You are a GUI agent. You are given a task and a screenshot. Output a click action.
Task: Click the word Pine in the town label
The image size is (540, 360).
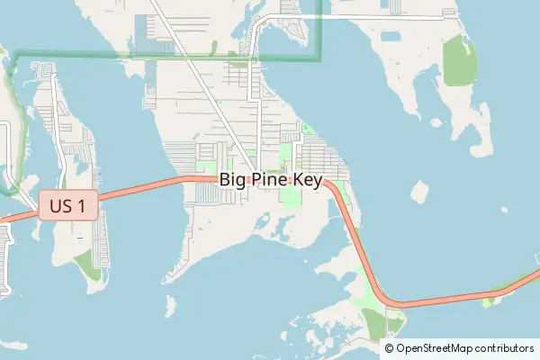pyautogui.click(x=271, y=180)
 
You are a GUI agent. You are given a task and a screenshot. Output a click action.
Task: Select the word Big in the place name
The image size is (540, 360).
pyautogui.click(x=232, y=180)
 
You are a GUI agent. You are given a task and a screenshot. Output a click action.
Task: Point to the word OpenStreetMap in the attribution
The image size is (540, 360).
pyautogui.click(x=436, y=347)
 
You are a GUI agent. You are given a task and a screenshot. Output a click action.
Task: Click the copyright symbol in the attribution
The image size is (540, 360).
pyautogui.click(x=390, y=347)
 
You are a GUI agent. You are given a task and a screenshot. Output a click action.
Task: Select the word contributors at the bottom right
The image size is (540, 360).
pyautogui.click(x=506, y=347)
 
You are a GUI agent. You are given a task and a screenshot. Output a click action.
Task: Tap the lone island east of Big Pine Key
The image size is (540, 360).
pyautogui.click(x=418, y=192)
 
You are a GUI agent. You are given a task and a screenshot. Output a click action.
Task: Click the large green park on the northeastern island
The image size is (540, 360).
pyautogui.click(x=458, y=64)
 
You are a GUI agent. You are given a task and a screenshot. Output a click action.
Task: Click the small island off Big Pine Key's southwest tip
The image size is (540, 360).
pyautogui.click(x=171, y=306)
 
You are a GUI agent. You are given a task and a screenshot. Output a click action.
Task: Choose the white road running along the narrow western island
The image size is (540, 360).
pyautogui.click(x=60, y=135)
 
